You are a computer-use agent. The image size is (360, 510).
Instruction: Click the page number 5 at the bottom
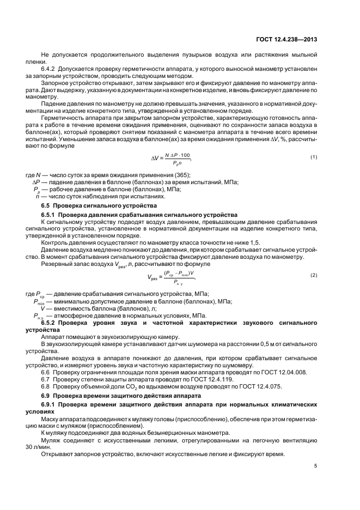coord(316,465)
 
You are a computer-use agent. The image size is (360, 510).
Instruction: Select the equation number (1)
coord(314,157)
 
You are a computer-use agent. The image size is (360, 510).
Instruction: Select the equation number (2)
coord(314,275)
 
